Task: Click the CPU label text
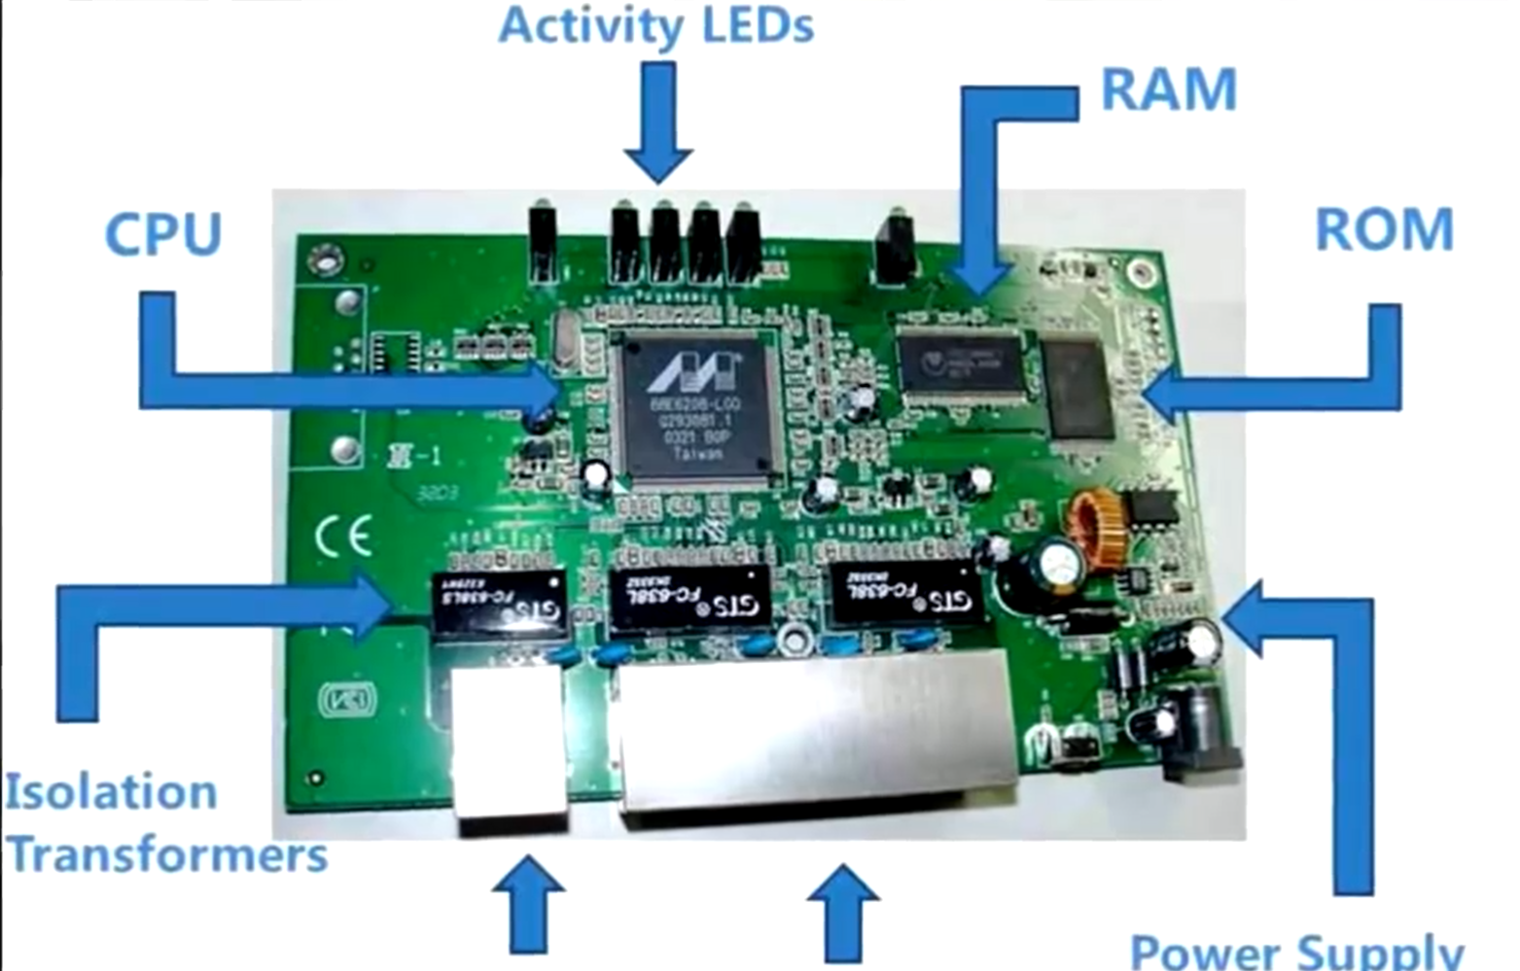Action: coord(163,234)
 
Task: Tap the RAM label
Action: coord(1168,90)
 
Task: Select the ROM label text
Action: coord(1383,229)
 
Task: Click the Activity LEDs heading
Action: coord(655,26)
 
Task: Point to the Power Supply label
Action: coord(1295,951)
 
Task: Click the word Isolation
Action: coord(111,792)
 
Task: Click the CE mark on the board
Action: coord(343,536)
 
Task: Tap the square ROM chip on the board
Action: coord(1077,388)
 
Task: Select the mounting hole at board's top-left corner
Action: coord(323,259)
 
